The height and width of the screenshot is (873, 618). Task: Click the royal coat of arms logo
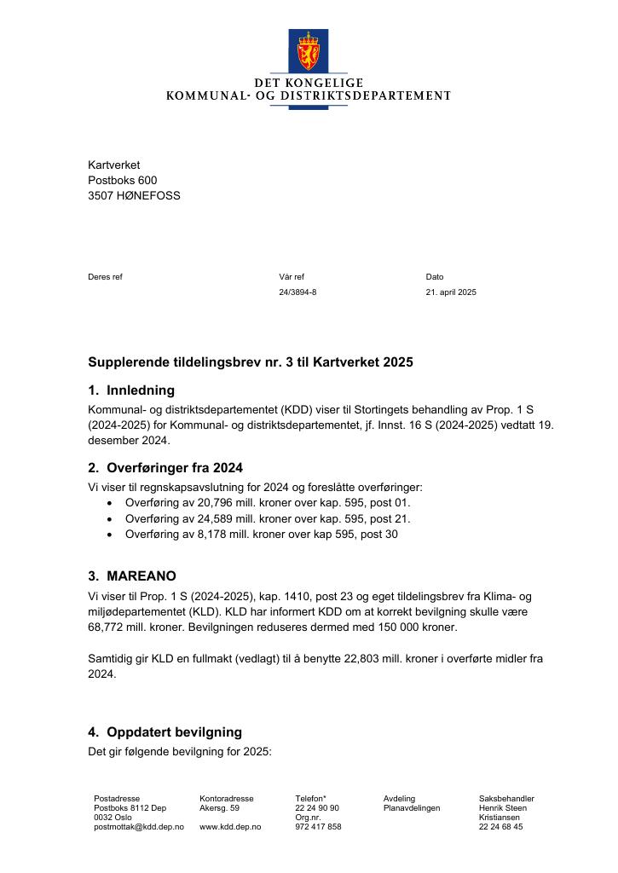308,50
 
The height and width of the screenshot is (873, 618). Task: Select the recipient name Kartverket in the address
113,165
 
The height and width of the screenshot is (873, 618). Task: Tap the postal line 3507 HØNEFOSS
134,195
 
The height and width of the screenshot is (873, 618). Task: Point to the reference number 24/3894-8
297,292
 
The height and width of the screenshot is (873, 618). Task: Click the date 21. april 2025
451,292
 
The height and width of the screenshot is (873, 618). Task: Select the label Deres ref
105,276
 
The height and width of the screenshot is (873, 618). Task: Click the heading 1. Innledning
131,390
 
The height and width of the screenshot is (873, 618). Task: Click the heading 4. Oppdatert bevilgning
165,732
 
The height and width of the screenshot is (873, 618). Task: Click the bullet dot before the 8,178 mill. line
110,535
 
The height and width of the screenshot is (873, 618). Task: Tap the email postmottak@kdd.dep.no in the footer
138,827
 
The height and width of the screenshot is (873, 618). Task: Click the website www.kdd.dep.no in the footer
230,827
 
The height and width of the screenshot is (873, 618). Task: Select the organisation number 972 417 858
318,827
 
